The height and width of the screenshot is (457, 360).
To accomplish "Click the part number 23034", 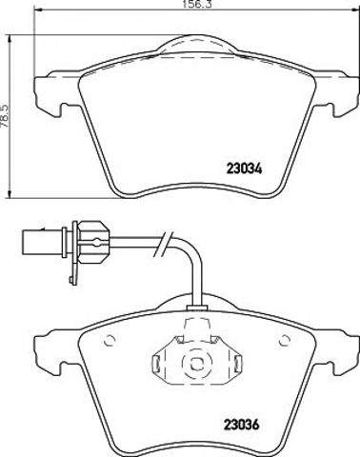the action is pos(244,169).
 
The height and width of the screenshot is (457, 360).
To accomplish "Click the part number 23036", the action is pos(242,425).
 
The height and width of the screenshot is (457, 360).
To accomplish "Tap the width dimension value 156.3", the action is pos(197,4).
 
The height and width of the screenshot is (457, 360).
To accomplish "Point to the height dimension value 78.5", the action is pos(5,116).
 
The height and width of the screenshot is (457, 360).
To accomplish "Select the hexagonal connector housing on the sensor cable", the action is pos(93,243).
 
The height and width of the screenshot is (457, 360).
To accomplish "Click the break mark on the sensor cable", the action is pos(162,244).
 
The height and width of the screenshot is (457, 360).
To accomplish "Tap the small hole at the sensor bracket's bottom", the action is pos(71,280).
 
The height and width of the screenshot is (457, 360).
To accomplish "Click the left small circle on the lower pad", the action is pos(110,341).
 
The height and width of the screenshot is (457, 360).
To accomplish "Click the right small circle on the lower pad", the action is pos(285,341).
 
